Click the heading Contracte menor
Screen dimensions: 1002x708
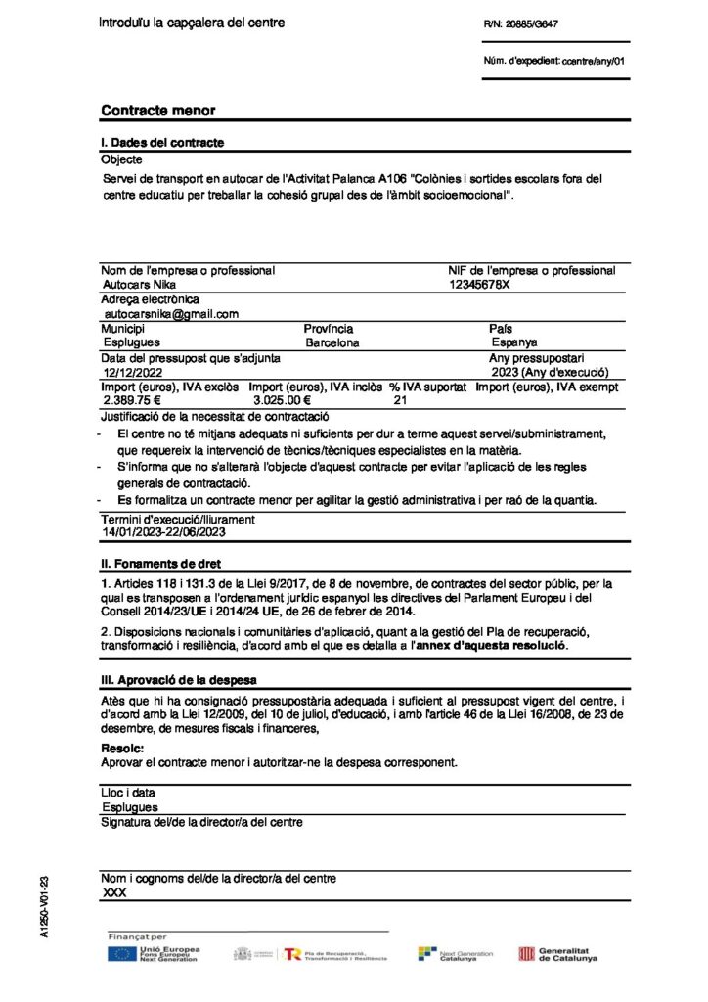point(157,112)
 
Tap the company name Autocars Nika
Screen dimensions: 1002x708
point(132,284)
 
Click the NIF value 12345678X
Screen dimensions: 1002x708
point(479,284)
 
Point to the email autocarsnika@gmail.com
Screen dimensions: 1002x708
point(172,314)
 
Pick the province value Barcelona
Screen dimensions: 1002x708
point(332,343)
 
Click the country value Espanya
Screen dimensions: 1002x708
point(513,343)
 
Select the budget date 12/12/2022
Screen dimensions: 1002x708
point(132,373)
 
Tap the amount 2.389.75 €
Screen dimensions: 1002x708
point(132,401)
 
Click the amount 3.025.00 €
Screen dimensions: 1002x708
point(282,401)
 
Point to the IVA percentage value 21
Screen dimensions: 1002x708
point(400,401)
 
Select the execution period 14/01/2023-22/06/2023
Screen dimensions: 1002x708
point(164,532)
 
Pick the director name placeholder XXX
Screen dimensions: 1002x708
point(114,893)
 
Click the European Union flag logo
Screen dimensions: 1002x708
point(121,954)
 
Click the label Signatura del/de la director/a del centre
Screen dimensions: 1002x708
point(201,822)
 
